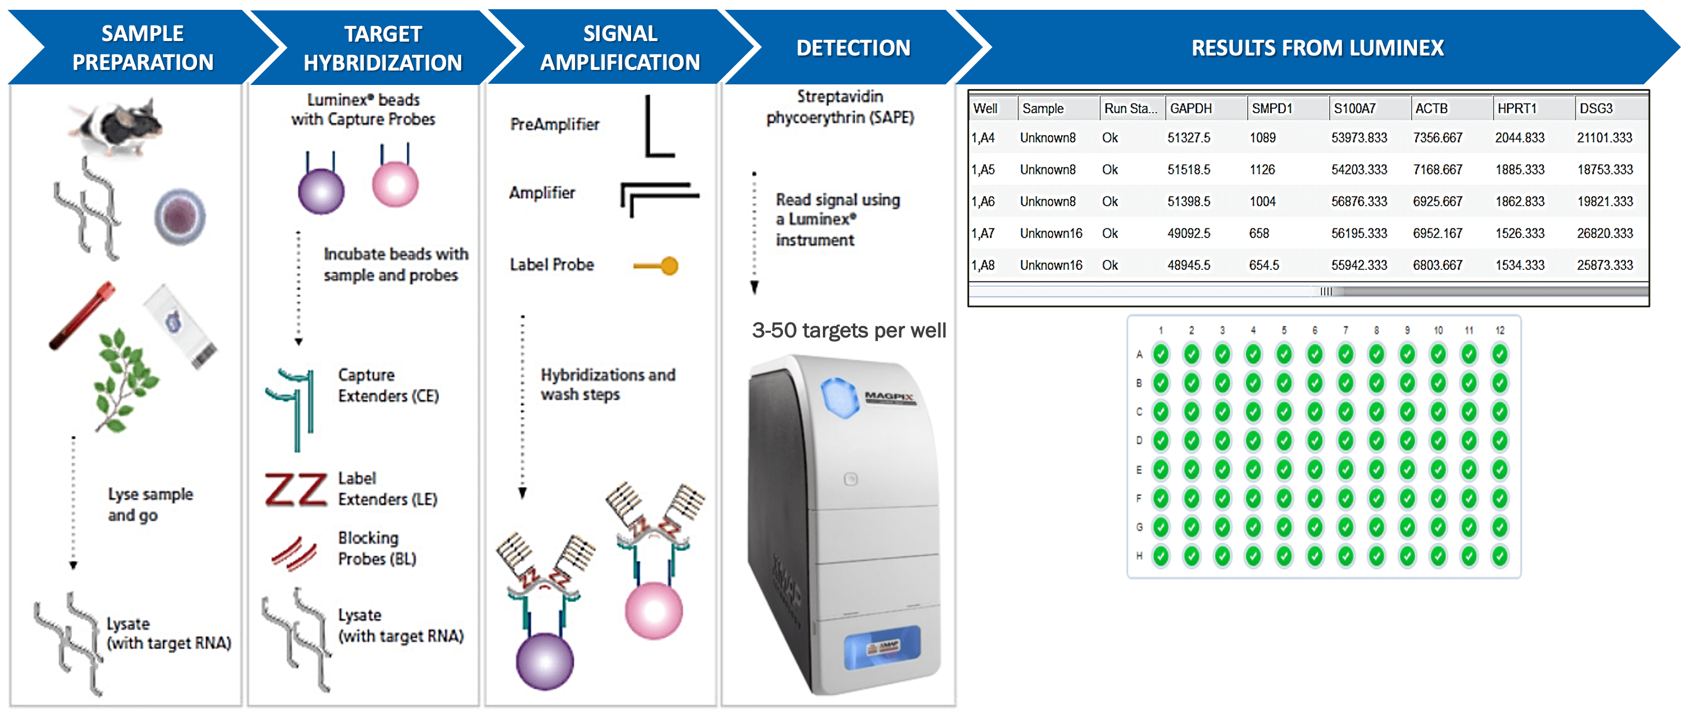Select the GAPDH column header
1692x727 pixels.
coord(1190,109)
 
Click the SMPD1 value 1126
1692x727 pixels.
coord(1261,169)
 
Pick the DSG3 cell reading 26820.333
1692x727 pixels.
coord(1604,233)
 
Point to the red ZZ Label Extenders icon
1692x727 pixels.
coord(295,490)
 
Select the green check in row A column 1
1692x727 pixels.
coord(1160,355)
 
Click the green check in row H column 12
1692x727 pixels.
coord(1500,557)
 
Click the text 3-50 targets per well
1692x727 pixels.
coord(849,331)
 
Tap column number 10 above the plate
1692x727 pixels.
coord(1438,331)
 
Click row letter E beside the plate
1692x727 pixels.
coord(1139,470)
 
